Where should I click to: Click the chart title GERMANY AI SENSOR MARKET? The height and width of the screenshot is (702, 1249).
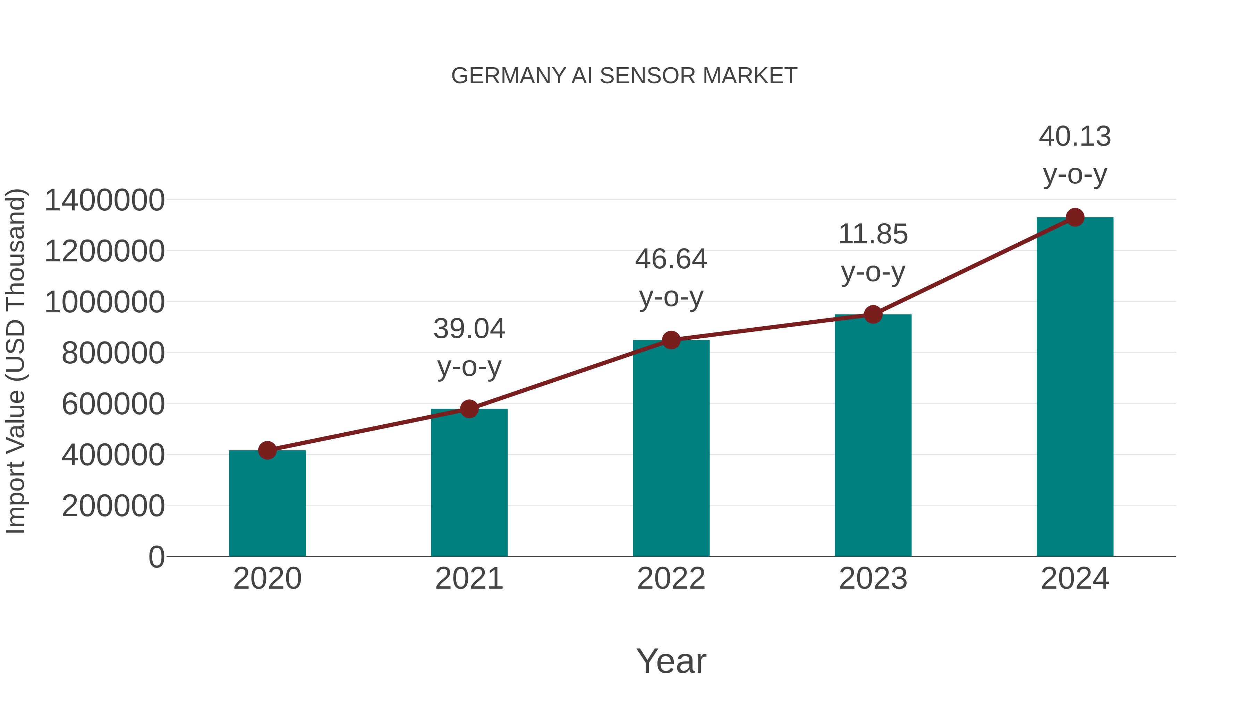624,76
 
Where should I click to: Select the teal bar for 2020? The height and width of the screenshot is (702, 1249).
267,504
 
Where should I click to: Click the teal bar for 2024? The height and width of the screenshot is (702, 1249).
1075,387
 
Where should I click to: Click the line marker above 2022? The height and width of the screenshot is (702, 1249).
671,340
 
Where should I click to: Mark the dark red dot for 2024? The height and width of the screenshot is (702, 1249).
1075,217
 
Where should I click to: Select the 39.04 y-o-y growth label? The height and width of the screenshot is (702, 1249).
469,347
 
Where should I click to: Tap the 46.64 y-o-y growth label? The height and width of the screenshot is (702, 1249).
671,278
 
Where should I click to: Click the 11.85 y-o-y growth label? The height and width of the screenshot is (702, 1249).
873,253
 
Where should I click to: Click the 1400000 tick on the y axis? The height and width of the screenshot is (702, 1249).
104,200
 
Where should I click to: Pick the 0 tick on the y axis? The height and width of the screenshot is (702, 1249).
156,557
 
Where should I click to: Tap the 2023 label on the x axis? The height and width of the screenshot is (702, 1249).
873,579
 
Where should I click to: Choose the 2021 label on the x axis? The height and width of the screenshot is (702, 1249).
469,579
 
